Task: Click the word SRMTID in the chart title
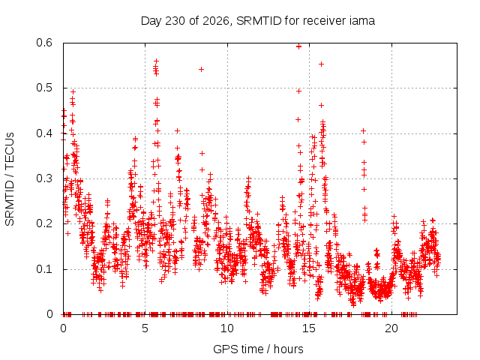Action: click(259, 21)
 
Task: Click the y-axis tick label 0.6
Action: click(44, 43)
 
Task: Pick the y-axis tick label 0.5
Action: click(44, 88)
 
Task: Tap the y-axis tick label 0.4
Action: click(44, 133)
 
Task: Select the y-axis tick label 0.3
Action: click(44, 178)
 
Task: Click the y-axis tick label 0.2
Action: click(44, 223)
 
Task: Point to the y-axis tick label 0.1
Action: click(44, 269)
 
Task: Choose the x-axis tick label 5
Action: click(145, 328)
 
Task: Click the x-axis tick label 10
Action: click(227, 328)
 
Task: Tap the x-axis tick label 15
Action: click(309, 328)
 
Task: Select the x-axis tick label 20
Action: click(391, 328)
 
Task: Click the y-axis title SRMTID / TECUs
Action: click(10, 179)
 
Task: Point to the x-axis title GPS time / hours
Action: click(258, 349)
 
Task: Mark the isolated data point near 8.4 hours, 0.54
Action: click(201, 70)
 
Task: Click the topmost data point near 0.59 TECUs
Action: click(298, 46)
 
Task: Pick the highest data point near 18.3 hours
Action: click(363, 131)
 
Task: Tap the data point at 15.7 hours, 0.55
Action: click(322, 64)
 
